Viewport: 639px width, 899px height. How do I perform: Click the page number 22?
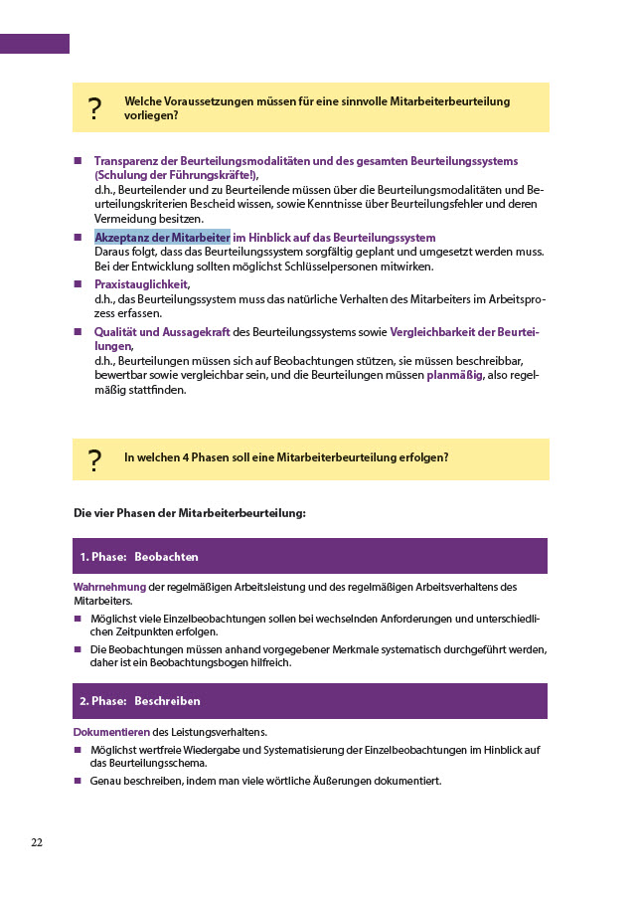[37, 842]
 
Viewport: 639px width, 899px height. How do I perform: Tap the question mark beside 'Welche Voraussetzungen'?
[94, 108]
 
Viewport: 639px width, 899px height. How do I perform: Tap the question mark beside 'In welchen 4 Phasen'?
[94, 459]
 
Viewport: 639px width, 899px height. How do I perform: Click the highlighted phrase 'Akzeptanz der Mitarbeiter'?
[162, 237]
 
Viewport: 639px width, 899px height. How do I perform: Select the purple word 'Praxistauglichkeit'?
[141, 284]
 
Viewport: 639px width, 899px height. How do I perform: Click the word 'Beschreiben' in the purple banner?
[167, 701]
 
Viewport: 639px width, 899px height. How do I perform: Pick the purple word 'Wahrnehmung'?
[110, 586]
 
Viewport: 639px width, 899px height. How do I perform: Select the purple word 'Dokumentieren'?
[111, 732]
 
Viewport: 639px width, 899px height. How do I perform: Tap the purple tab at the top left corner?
[35, 44]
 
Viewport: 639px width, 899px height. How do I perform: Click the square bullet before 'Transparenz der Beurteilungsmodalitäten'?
[78, 160]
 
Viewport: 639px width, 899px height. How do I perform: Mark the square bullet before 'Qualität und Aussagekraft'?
[78, 332]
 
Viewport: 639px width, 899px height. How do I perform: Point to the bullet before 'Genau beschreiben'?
[78, 782]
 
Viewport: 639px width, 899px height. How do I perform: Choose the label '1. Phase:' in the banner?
[102, 556]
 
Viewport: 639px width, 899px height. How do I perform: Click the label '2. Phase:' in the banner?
[103, 701]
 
